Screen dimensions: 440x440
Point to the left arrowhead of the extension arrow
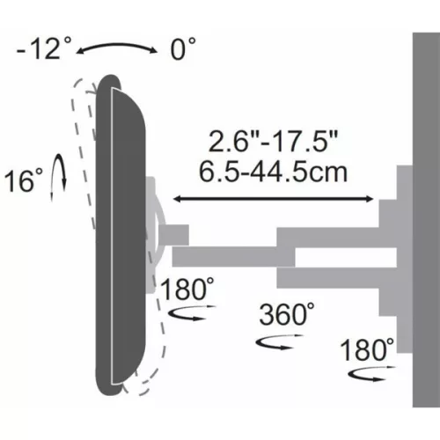177,201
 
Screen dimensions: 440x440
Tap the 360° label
286,313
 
